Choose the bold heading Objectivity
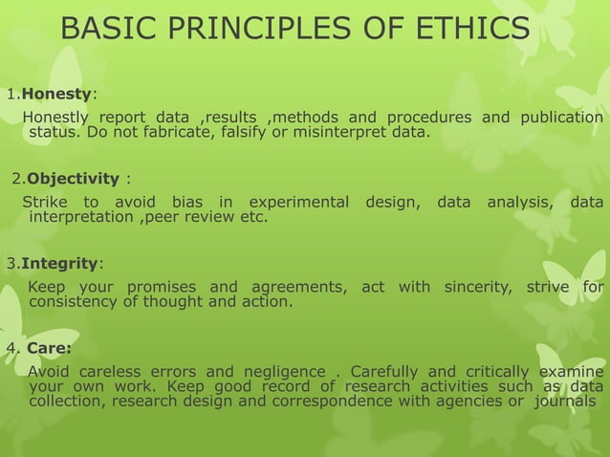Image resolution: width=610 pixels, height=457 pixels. [73, 179]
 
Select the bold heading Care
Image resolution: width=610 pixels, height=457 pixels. [49, 348]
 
